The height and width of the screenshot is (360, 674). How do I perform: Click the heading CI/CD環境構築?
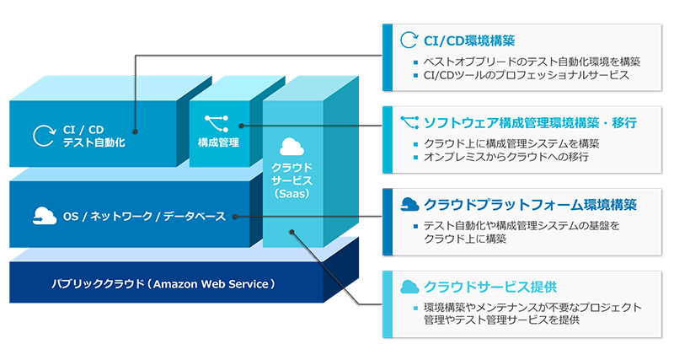coord(469,40)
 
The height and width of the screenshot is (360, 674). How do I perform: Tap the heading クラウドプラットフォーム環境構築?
coord(531,204)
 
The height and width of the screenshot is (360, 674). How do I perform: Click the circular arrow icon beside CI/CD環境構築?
coord(409,40)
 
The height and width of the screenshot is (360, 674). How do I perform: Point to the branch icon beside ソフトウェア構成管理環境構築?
coord(409,122)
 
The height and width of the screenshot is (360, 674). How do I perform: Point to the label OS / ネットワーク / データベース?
coord(145,217)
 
